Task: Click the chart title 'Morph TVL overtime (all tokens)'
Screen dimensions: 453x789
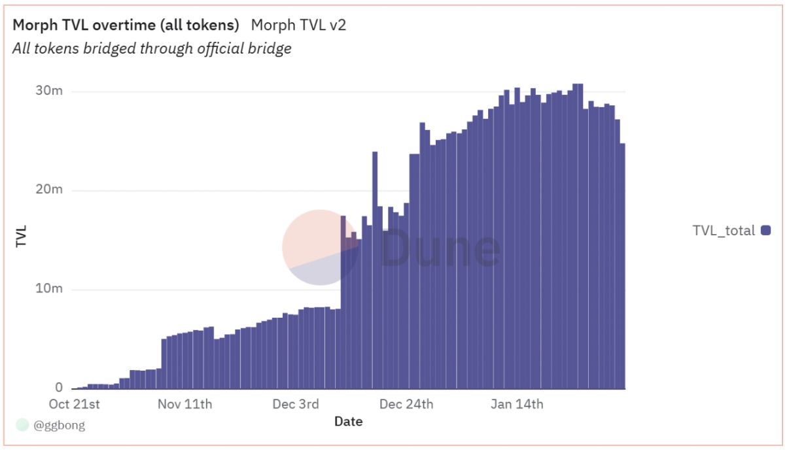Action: tap(126, 25)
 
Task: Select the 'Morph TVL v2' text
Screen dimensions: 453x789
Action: tap(298, 25)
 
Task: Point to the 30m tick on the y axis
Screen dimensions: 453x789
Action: tap(49, 90)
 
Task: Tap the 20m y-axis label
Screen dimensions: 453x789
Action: tap(49, 190)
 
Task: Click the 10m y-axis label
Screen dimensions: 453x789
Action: tap(49, 289)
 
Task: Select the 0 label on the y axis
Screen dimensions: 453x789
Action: tap(59, 388)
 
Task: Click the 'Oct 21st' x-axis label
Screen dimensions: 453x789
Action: tap(75, 404)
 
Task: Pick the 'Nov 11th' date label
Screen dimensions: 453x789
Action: tap(185, 404)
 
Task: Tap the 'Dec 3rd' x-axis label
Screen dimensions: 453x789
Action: tap(296, 404)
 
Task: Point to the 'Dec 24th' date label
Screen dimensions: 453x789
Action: tap(406, 404)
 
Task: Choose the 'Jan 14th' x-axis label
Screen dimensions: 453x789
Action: tap(517, 404)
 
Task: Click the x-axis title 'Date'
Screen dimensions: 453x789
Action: tap(348, 422)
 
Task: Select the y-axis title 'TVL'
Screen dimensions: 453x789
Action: tap(22, 236)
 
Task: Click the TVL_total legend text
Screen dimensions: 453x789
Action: tap(724, 230)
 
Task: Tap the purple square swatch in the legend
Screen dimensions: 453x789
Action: tap(766, 230)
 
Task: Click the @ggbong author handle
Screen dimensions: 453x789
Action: tap(59, 426)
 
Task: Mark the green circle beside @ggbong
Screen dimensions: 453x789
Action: tap(23, 425)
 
